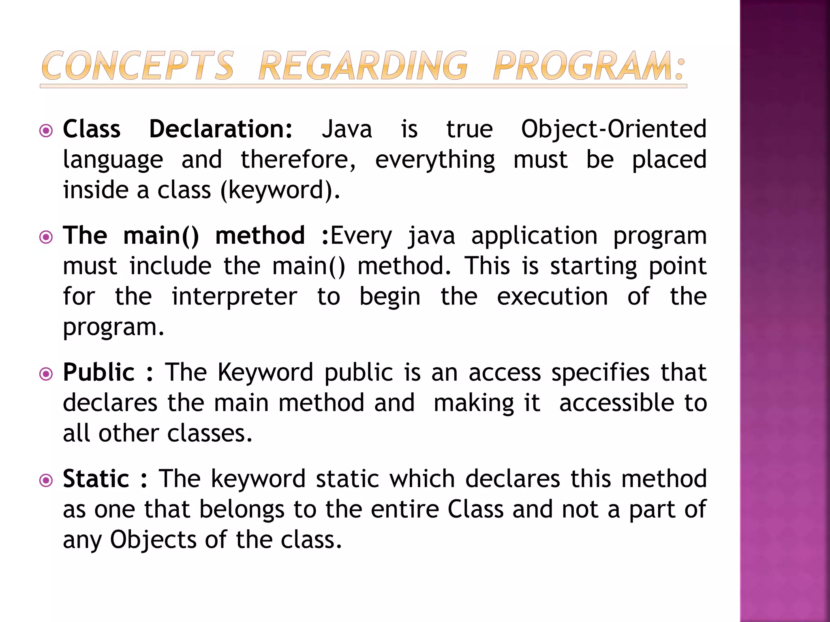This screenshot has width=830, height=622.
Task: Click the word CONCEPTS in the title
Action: (137, 66)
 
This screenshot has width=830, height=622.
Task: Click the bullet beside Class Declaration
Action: (46, 131)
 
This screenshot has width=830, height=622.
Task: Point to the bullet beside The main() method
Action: (46, 237)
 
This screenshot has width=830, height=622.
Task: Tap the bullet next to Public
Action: (46, 374)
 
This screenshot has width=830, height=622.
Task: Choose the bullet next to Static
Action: (46, 480)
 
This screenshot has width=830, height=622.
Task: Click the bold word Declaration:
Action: (220, 129)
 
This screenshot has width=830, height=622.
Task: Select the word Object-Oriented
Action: (614, 129)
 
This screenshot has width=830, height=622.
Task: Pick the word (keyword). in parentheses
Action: (280, 190)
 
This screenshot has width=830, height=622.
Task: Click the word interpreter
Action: (234, 296)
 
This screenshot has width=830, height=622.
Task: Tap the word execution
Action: (552, 296)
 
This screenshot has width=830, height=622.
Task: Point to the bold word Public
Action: (98, 373)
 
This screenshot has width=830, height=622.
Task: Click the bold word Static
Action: (96, 479)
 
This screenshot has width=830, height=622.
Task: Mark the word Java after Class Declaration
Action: (347, 129)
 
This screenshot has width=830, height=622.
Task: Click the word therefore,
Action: (298, 160)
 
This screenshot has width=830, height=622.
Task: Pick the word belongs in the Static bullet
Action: (242, 509)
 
